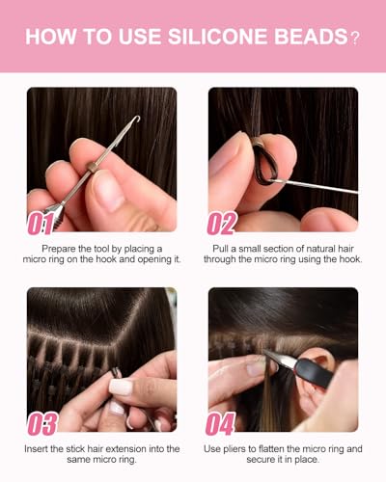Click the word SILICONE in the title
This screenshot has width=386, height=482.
point(217,37)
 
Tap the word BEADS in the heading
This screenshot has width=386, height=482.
point(310,37)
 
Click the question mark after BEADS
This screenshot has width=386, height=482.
point(354,39)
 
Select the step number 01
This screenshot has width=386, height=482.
point(41,224)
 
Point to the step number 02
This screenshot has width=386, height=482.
point(222,223)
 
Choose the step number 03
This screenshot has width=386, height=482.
point(42,423)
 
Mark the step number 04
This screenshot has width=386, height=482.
point(221,423)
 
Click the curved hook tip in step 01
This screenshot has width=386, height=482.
point(137,119)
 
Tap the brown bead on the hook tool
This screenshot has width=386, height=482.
point(92,167)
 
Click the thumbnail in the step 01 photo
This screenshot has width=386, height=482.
point(108,192)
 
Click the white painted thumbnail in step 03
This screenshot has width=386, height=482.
point(121,387)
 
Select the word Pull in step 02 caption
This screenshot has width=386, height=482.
point(220,249)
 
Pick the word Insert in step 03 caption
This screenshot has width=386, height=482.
point(36,449)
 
